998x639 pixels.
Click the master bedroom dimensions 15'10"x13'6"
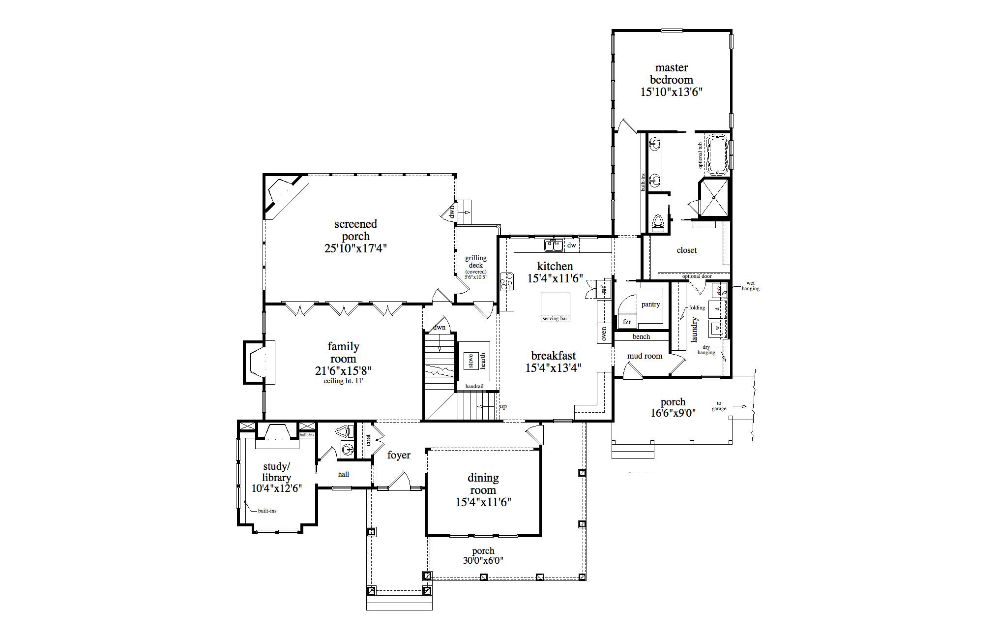[671, 92]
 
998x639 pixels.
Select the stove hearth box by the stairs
[474, 361]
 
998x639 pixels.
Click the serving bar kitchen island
[555, 307]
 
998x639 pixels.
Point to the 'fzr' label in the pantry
[627, 322]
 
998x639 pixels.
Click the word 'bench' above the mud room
[641, 337]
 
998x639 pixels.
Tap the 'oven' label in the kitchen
[604, 334]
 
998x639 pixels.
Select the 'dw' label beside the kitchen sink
[571, 244]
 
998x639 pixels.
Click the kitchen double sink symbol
[553, 244]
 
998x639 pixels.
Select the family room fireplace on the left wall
[258, 363]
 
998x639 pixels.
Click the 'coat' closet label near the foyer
[369, 439]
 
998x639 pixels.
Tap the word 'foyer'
[399, 455]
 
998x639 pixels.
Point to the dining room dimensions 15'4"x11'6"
[483, 502]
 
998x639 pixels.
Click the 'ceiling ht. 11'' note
[343, 381]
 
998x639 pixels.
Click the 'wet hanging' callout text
[750, 286]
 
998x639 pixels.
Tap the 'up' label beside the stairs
[503, 406]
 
